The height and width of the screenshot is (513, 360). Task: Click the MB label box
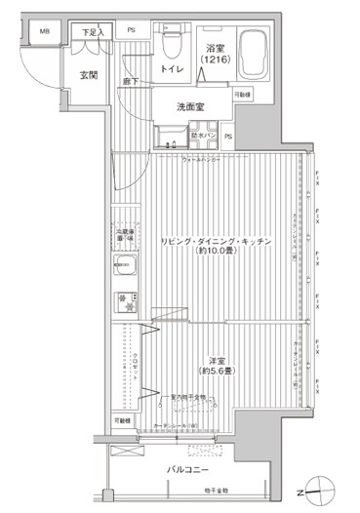click(45, 31)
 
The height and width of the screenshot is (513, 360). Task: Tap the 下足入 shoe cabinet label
click(91, 32)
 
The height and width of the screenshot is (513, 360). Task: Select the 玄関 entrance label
click(88, 75)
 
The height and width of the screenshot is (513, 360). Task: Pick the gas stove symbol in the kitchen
click(124, 299)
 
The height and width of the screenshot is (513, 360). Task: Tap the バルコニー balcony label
click(186, 470)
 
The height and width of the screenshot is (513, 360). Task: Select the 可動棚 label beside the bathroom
click(241, 94)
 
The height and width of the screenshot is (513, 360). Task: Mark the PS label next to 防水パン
click(227, 136)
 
